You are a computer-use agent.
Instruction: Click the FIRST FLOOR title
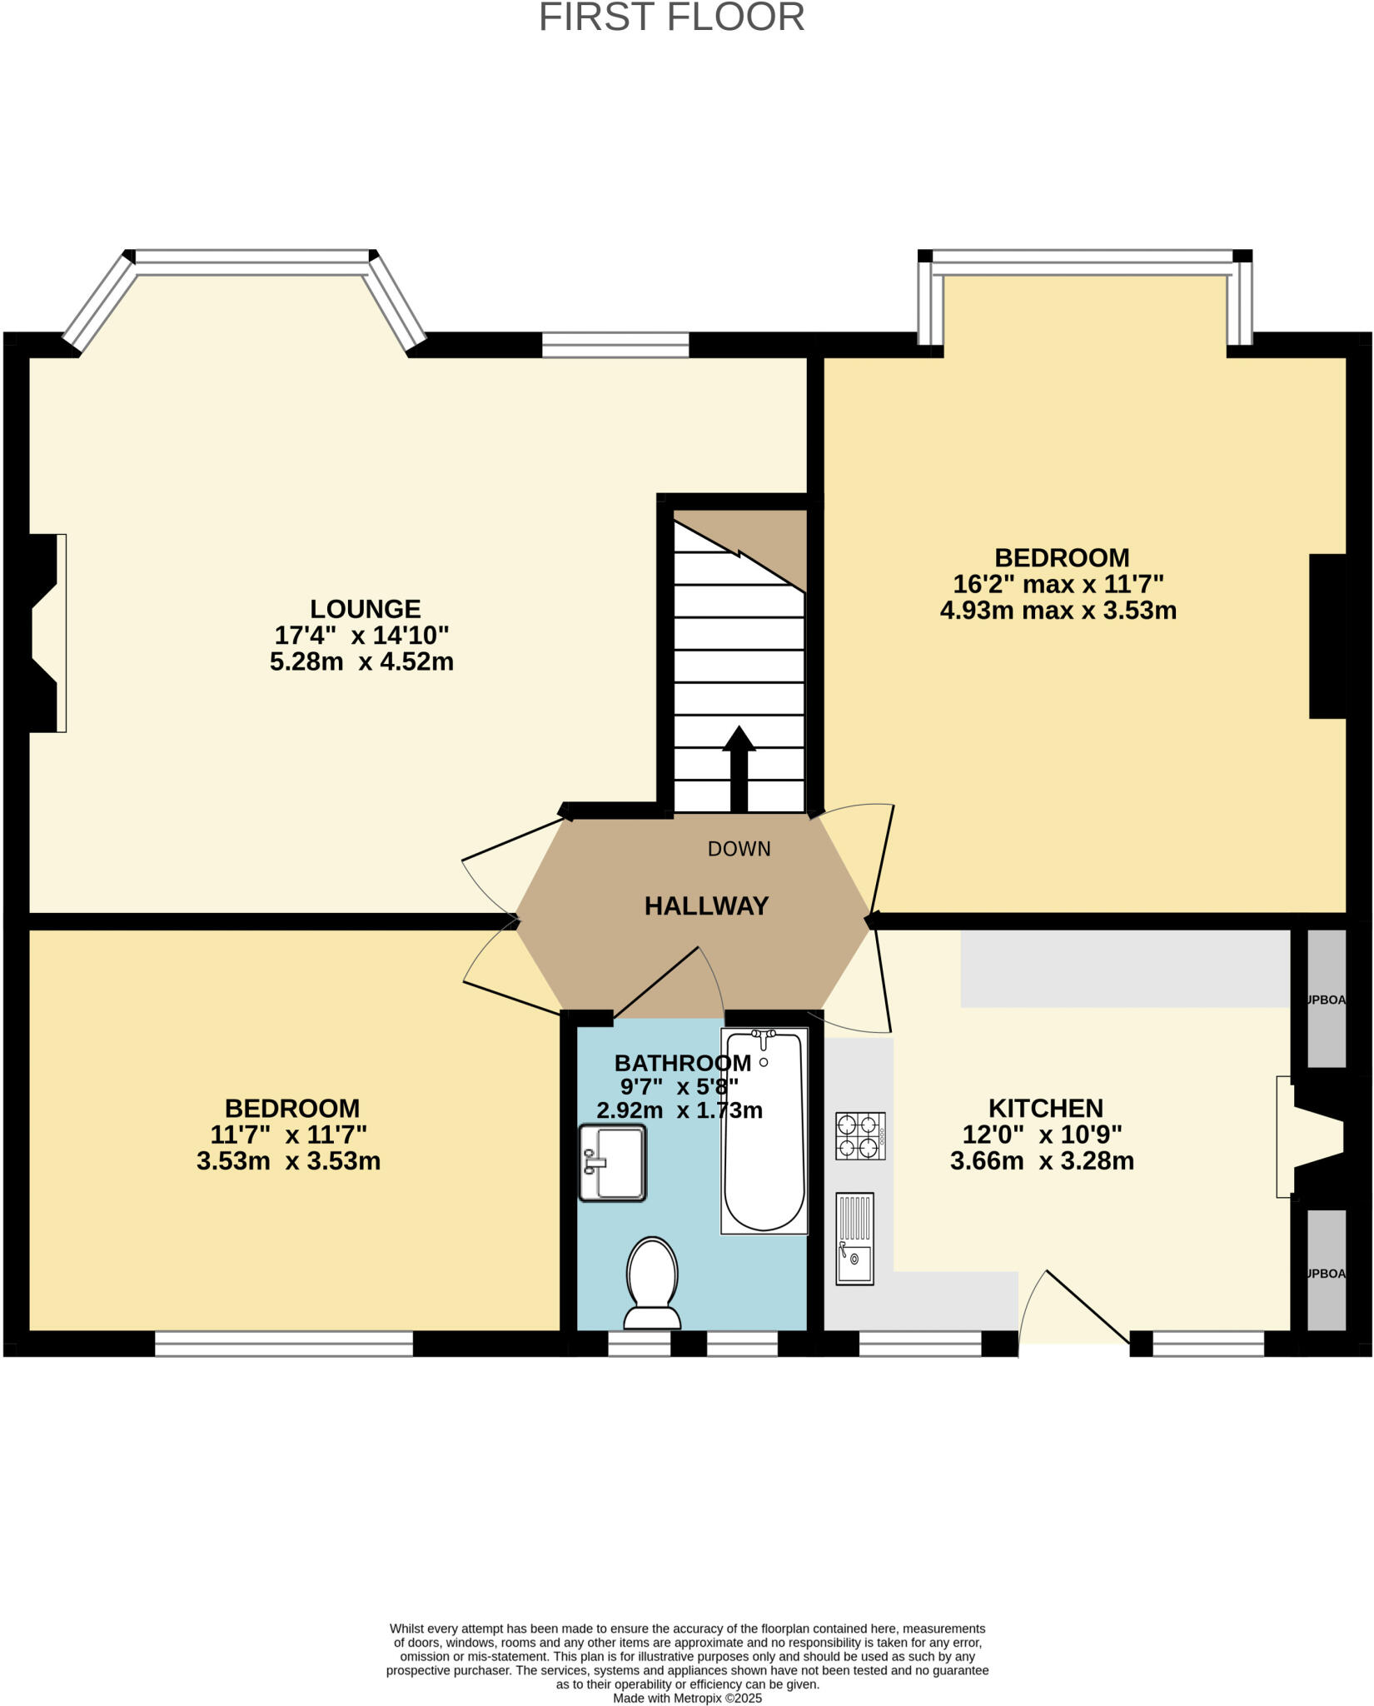(x=671, y=18)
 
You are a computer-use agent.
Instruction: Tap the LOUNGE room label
(x=365, y=609)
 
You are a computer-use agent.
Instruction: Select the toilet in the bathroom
(x=652, y=1283)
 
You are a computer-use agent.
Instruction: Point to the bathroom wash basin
(x=613, y=1163)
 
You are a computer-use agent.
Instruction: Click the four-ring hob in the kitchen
(x=860, y=1136)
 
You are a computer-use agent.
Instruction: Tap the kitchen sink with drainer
(x=854, y=1239)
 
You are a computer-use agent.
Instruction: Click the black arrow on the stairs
(x=739, y=768)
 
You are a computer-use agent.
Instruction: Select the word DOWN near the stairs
(x=739, y=849)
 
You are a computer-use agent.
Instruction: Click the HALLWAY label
(x=706, y=906)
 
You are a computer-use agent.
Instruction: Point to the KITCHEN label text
(x=1045, y=1109)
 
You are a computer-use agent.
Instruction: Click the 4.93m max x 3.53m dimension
(x=1058, y=611)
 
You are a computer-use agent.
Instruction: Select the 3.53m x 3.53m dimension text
(x=288, y=1161)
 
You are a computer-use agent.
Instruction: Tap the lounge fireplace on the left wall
(x=46, y=633)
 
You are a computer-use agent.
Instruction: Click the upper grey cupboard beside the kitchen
(x=1326, y=998)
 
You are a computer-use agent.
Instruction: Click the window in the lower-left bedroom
(x=283, y=1343)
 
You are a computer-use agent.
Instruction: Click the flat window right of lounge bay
(x=615, y=344)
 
